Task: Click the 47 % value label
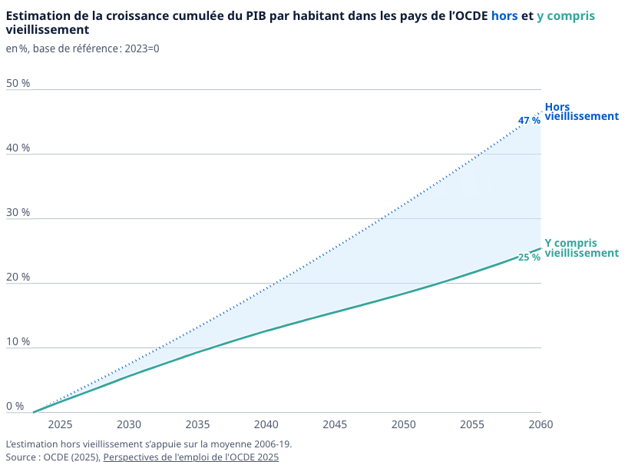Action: [528, 121]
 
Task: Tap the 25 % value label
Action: [528, 258]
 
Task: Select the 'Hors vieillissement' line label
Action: [580, 111]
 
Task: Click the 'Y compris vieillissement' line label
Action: [580, 248]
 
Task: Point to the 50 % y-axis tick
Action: [18, 83]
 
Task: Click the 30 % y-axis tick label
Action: [18, 212]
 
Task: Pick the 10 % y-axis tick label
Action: [18, 341]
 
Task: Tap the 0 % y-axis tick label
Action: [15, 406]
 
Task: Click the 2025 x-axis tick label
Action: [60, 424]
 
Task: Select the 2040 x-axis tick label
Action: [266, 424]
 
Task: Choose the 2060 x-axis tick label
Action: [541, 424]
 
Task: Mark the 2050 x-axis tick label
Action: [403, 424]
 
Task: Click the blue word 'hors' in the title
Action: [504, 16]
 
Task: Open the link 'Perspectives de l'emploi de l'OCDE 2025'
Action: [190, 457]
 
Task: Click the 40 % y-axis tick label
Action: [18, 148]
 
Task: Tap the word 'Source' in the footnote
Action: [21, 457]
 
